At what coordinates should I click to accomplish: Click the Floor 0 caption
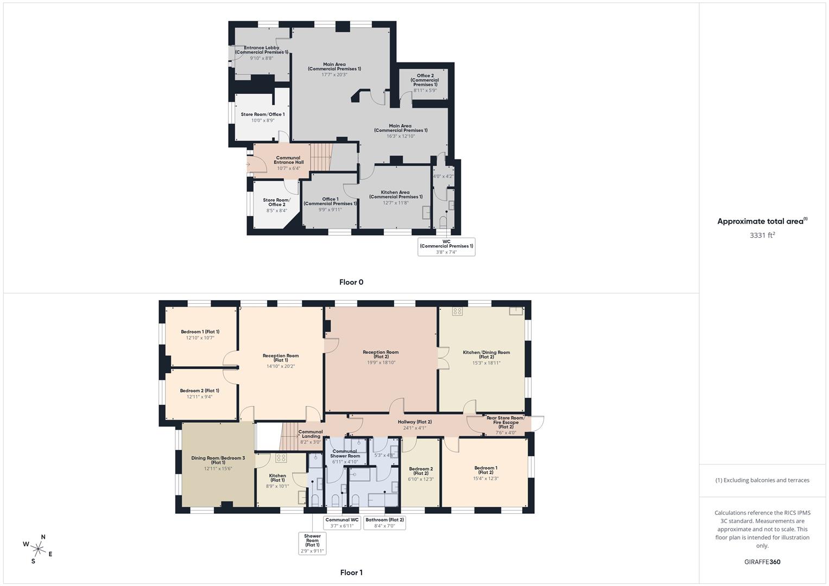pyautogui.click(x=351, y=282)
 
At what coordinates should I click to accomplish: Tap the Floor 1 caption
pyautogui.click(x=351, y=572)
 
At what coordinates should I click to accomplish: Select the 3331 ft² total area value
pyautogui.click(x=762, y=235)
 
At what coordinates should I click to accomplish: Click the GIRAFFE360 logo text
pyautogui.click(x=762, y=562)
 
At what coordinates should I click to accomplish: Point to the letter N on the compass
pyautogui.click(x=43, y=537)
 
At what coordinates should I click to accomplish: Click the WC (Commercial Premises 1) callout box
pyautogui.click(x=446, y=246)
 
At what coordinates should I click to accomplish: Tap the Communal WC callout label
pyautogui.click(x=342, y=523)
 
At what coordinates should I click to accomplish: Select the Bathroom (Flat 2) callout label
pyautogui.click(x=385, y=523)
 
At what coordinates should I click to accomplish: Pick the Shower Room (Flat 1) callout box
pyautogui.click(x=312, y=543)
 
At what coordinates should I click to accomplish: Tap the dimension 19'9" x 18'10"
pyautogui.click(x=381, y=362)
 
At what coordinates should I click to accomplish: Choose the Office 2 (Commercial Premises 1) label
pyautogui.click(x=425, y=80)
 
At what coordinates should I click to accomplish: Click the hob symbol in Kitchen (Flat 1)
pyautogui.click(x=281, y=458)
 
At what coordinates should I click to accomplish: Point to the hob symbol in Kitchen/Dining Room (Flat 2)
pyautogui.click(x=457, y=311)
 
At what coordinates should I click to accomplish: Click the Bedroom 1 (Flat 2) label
pyautogui.click(x=485, y=470)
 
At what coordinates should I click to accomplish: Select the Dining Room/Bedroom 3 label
pyautogui.click(x=218, y=460)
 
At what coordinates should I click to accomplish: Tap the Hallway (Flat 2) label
pyautogui.click(x=414, y=422)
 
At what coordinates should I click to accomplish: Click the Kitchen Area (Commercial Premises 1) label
pyautogui.click(x=395, y=194)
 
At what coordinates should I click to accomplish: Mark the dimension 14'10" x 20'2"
pyautogui.click(x=280, y=366)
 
